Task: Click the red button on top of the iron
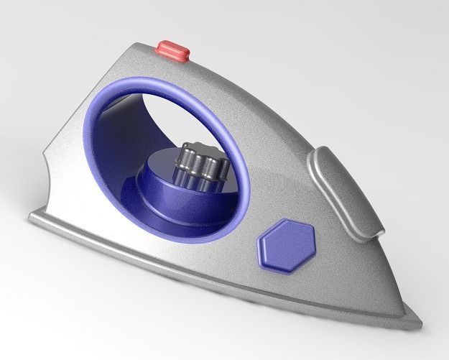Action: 174,51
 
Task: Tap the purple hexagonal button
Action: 286,244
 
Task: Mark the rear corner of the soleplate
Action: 30,217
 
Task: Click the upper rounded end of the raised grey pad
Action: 320,154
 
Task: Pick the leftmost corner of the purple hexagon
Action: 258,246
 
